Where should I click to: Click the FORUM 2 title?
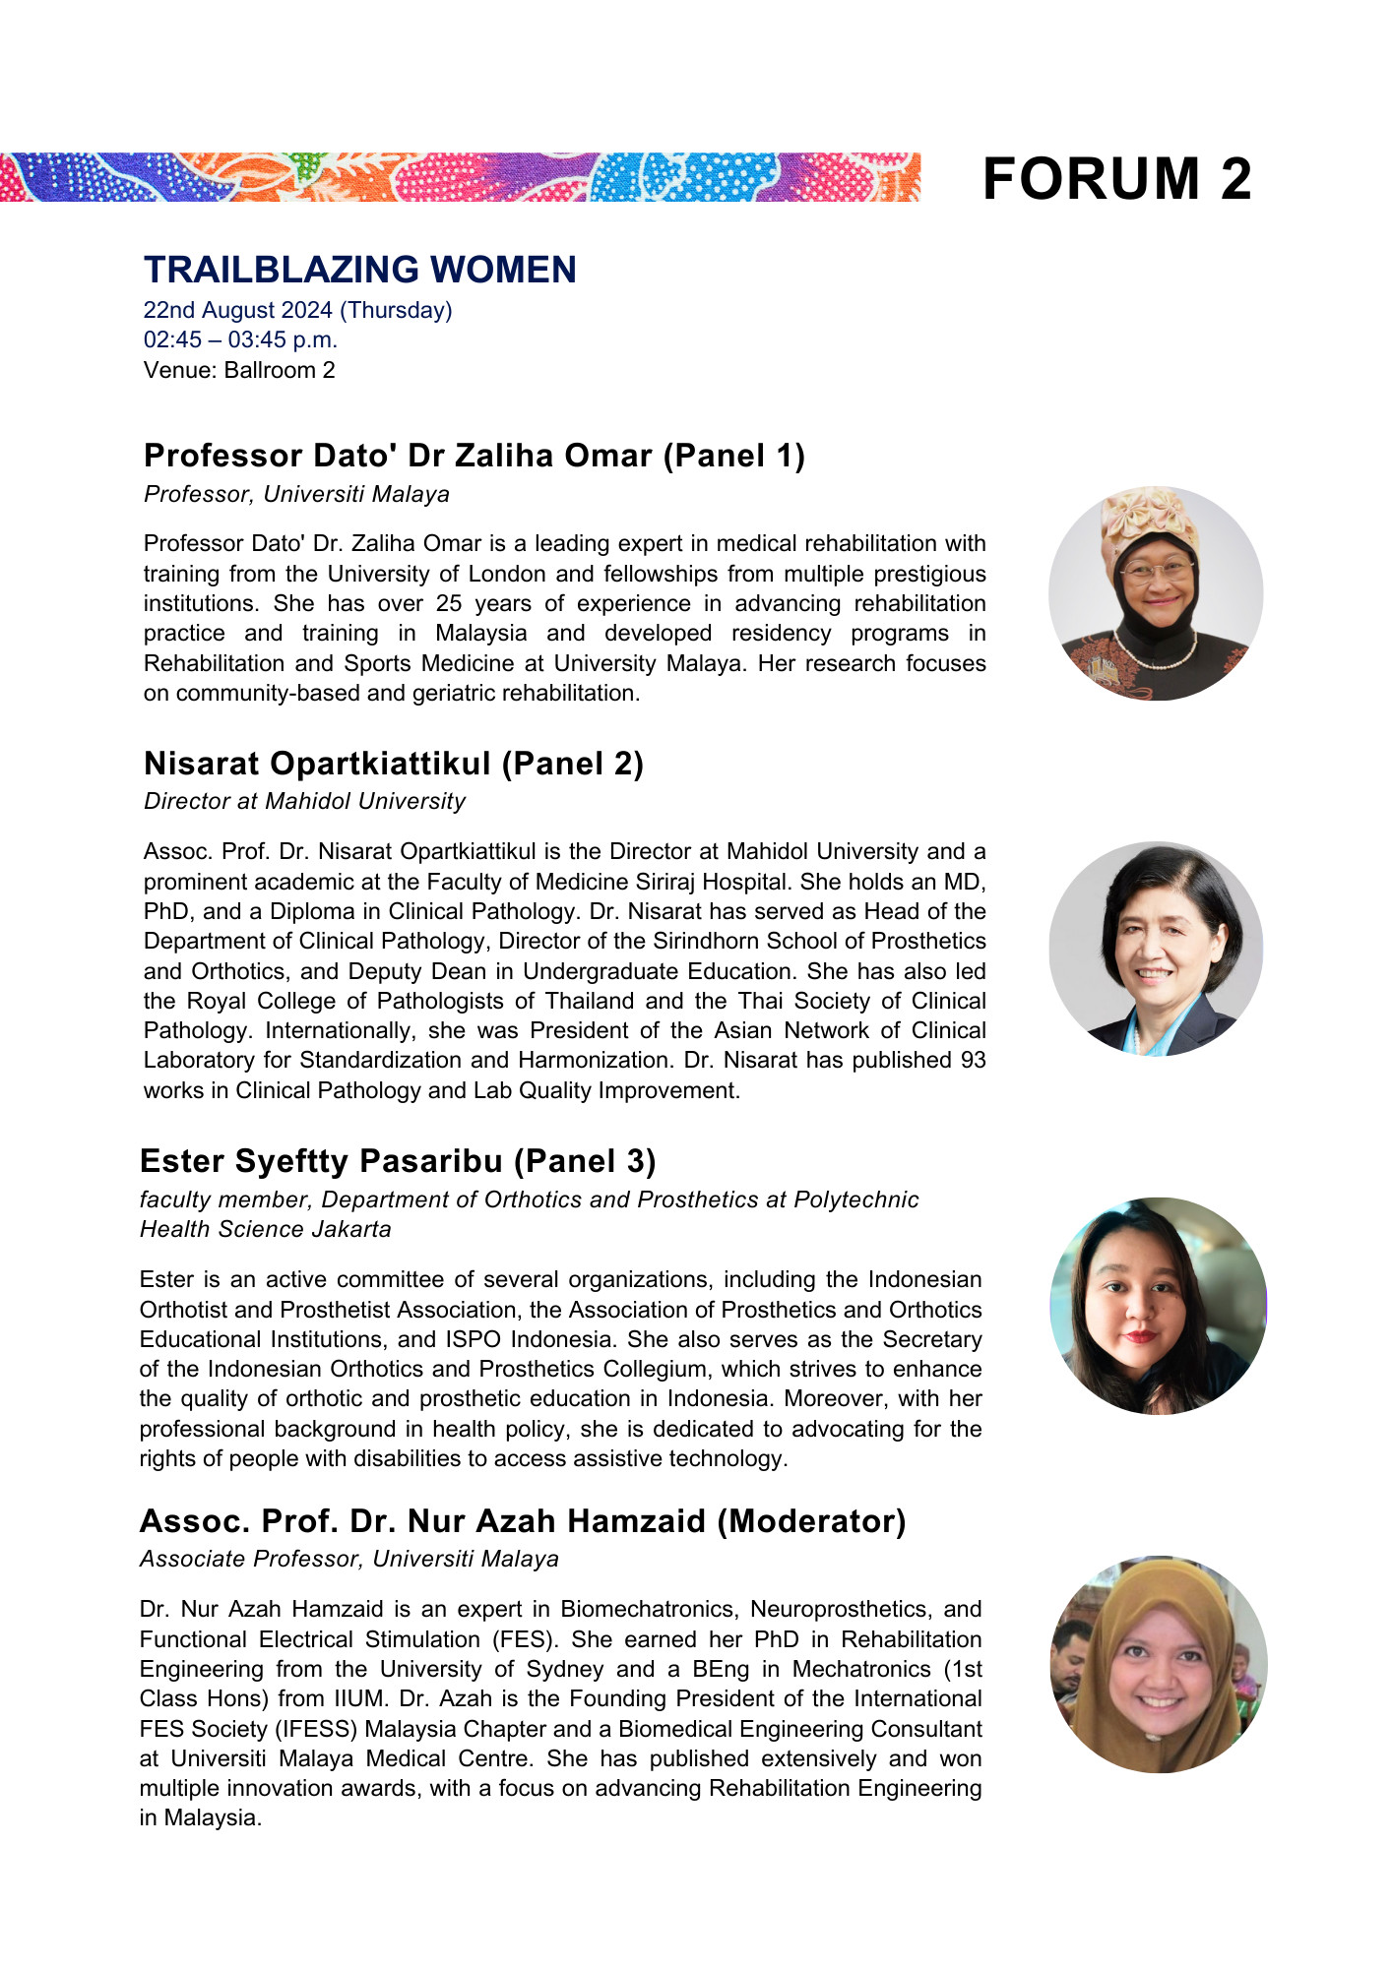pyautogui.click(x=1116, y=179)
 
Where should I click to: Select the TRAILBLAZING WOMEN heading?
pyautogui.click(x=360, y=270)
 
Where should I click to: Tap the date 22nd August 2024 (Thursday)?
pyautogui.click(x=297, y=310)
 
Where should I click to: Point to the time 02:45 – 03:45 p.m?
pyautogui.click(x=240, y=339)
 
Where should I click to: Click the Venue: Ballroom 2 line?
pyautogui.click(x=239, y=370)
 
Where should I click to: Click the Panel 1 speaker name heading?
pyautogui.click(x=475, y=456)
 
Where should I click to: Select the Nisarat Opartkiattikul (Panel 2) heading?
pyautogui.click(x=394, y=764)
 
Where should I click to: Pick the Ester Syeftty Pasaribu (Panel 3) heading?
pyautogui.click(x=398, y=1161)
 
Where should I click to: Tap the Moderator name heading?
pyautogui.click(x=523, y=1521)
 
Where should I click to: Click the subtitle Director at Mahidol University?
pyautogui.click(x=304, y=801)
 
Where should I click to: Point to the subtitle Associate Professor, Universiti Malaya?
pyautogui.click(x=349, y=1559)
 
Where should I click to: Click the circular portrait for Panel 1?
pyautogui.click(x=1156, y=593)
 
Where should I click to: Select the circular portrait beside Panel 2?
pyautogui.click(x=1156, y=949)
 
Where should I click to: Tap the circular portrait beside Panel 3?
pyautogui.click(x=1159, y=1306)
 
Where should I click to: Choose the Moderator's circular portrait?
pyautogui.click(x=1159, y=1664)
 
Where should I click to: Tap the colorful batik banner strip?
pyautogui.click(x=460, y=177)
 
